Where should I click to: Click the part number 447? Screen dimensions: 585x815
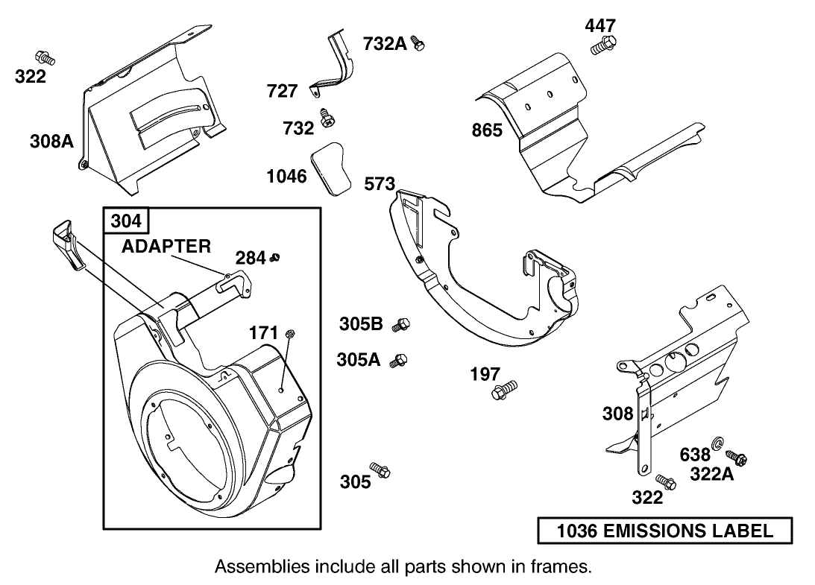point(600,26)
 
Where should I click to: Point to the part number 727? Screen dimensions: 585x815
point(282,92)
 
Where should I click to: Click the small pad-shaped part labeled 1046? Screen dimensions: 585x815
point(335,168)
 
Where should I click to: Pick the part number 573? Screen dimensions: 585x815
point(379,184)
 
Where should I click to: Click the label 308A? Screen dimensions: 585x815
point(51,140)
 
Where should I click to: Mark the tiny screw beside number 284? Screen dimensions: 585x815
point(276,258)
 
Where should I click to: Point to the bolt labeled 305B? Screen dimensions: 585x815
point(403,323)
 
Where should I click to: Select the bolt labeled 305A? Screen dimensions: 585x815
point(400,361)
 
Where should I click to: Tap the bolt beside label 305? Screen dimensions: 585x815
point(382,472)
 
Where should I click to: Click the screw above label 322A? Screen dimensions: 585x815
point(738,458)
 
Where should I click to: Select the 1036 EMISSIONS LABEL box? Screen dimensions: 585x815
point(664,531)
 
